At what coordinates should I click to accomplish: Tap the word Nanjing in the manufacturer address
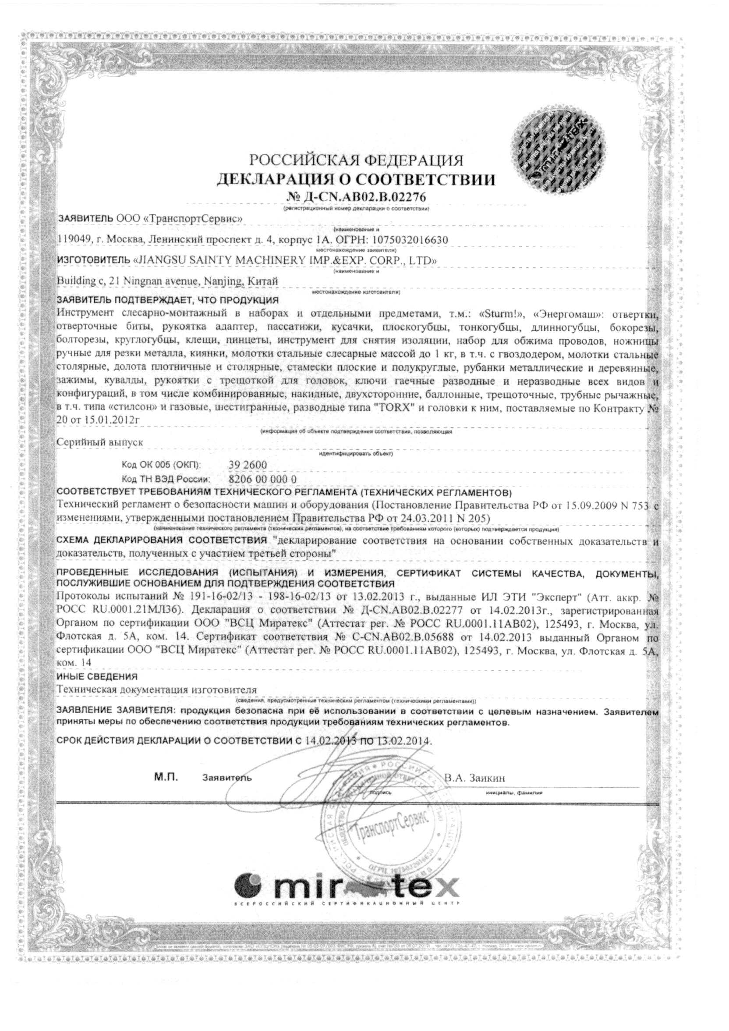click(223, 281)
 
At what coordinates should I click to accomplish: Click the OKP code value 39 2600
click(248, 465)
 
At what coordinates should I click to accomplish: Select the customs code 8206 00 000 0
click(262, 479)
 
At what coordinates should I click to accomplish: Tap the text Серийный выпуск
click(99, 442)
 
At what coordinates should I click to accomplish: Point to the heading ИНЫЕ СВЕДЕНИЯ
click(97, 676)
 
